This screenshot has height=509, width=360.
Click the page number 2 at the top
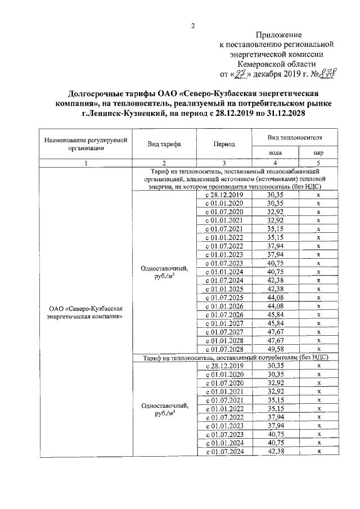[x=192, y=25]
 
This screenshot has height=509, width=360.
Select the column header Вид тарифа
[x=164, y=144]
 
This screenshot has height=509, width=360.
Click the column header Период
[x=224, y=144]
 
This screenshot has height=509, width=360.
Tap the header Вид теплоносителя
[x=295, y=137]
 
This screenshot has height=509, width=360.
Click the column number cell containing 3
[x=224, y=163]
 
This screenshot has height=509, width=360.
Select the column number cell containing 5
[x=318, y=163]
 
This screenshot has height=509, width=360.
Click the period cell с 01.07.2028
[x=224, y=349]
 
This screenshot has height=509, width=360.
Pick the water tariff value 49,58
[x=276, y=349]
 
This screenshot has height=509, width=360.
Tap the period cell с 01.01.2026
[x=224, y=306]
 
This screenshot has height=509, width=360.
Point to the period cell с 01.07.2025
[x=224, y=298]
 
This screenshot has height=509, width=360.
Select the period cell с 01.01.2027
[x=224, y=323]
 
